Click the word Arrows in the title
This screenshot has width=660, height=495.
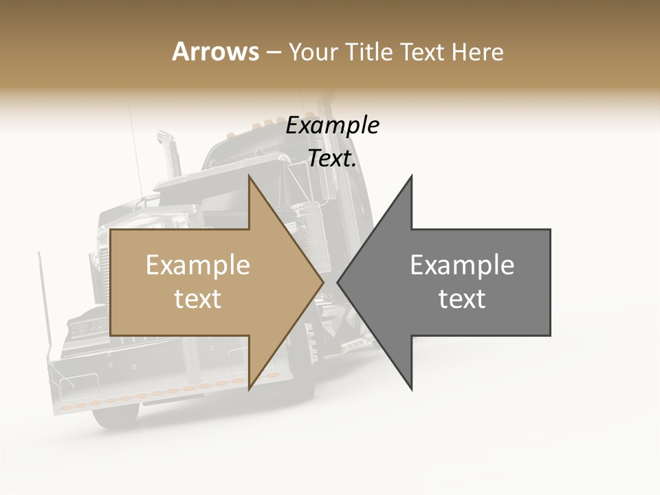(215, 52)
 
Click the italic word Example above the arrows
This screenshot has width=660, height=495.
(332, 126)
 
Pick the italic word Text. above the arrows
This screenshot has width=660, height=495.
(332, 159)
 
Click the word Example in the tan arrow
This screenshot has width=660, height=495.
(197, 265)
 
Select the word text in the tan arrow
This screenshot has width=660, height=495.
(197, 299)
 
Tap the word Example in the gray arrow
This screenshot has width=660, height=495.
(462, 265)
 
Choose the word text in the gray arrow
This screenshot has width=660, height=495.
(462, 299)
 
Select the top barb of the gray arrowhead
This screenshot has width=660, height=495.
(411, 180)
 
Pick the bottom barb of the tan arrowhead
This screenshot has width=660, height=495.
(250, 386)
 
